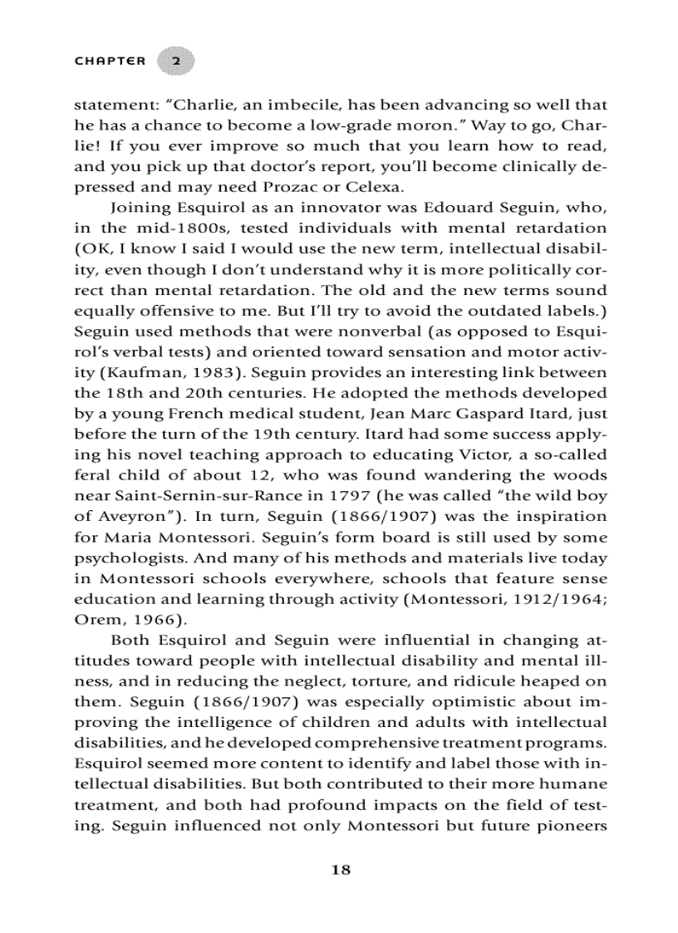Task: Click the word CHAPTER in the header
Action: pos(110,61)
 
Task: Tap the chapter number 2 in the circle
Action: pos(175,61)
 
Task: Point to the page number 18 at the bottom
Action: pos(341,870)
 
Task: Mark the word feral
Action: pos(91,476)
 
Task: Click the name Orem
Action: pos(92,620)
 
